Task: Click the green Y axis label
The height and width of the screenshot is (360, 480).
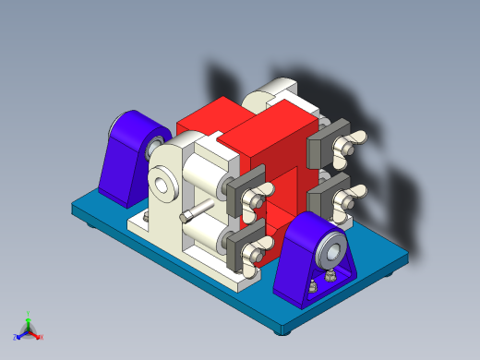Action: click(29, 314)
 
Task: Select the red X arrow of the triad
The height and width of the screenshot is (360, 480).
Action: click(37, 335)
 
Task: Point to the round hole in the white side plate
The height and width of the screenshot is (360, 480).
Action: click(163, 184)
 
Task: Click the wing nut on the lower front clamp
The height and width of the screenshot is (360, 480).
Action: click(262, 245)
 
